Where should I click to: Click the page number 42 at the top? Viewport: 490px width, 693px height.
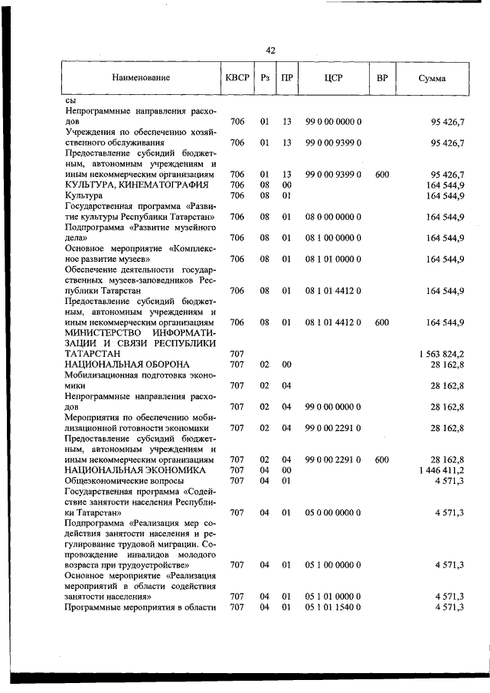click(270, 51)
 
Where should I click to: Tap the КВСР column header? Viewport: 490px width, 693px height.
click(237, 77)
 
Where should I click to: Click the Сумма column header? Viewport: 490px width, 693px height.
click(433, 78)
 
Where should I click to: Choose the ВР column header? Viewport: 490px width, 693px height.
click(382, 77)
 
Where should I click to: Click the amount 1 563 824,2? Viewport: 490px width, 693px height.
click(443, 355)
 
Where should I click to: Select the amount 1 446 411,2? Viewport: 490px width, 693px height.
click(443, 469)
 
